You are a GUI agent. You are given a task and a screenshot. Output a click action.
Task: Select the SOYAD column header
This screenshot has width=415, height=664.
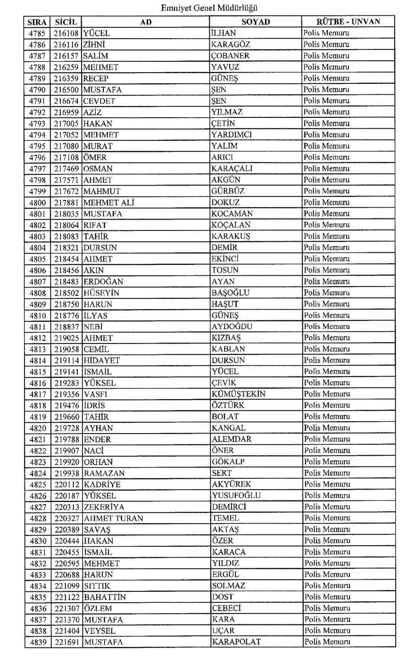tap(256, 22)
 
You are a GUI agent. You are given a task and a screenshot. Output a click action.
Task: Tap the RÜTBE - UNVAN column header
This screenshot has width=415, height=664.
tap(348, 22)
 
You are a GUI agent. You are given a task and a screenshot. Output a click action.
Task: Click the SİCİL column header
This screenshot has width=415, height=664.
tap(66, 22)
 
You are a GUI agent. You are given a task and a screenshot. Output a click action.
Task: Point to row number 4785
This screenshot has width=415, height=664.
tap(37, 33)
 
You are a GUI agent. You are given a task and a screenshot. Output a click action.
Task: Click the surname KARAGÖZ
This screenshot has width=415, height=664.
tap(231, 45)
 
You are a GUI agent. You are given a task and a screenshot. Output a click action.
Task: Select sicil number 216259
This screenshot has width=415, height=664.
tap(66, 67)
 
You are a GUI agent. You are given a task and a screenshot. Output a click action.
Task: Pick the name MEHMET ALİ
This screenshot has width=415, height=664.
tap(109, 203)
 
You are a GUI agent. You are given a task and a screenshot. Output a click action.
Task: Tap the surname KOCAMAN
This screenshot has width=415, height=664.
tap(232, 214)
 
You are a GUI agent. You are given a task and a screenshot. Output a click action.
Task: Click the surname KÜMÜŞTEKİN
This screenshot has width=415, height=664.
tap(239, 394)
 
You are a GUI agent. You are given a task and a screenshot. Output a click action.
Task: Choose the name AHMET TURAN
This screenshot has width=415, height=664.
tap(113, 518)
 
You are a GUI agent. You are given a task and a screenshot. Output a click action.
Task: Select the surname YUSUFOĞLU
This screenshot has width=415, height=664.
tap(236, 496)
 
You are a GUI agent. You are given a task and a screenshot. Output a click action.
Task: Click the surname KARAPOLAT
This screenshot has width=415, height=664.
tap(236, 642)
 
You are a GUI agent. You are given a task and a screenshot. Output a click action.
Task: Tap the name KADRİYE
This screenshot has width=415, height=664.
tap(102, 484)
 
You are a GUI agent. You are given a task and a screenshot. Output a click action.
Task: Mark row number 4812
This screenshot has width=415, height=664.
tap(38, 338)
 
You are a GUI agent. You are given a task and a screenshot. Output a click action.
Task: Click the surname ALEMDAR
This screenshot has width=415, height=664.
tap(232, 439)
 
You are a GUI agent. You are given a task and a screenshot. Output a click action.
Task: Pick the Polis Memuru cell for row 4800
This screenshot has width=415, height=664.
tap(326, 203)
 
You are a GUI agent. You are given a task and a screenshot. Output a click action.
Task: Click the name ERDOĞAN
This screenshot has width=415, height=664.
tap(104, 282)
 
